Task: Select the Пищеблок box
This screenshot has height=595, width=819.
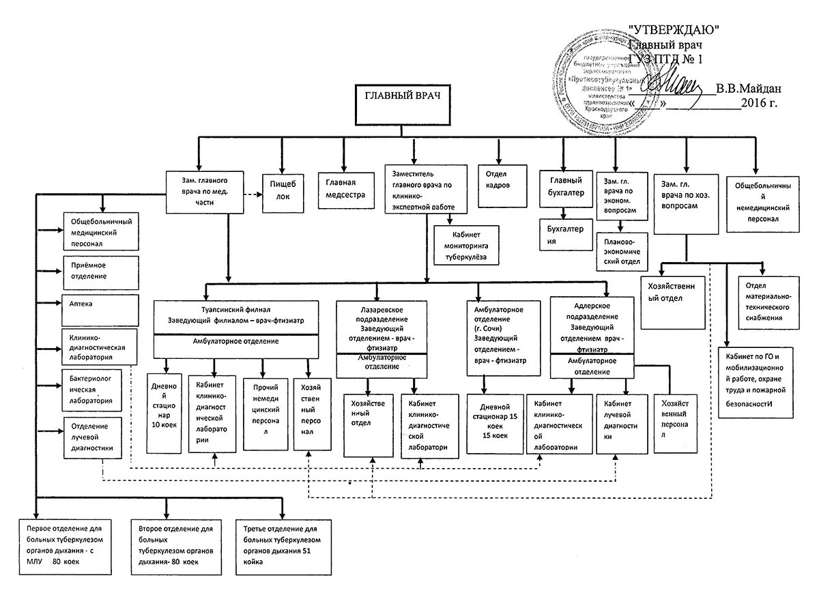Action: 283,189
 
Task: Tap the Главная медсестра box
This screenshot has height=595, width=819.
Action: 346,188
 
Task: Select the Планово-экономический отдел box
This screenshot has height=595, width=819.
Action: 620,251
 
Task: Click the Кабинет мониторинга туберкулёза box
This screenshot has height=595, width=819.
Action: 465,244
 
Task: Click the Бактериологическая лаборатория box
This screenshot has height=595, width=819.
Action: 100,388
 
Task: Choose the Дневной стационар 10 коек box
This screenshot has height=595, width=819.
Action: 164,413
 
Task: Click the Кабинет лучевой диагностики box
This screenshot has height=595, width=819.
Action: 620,424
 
